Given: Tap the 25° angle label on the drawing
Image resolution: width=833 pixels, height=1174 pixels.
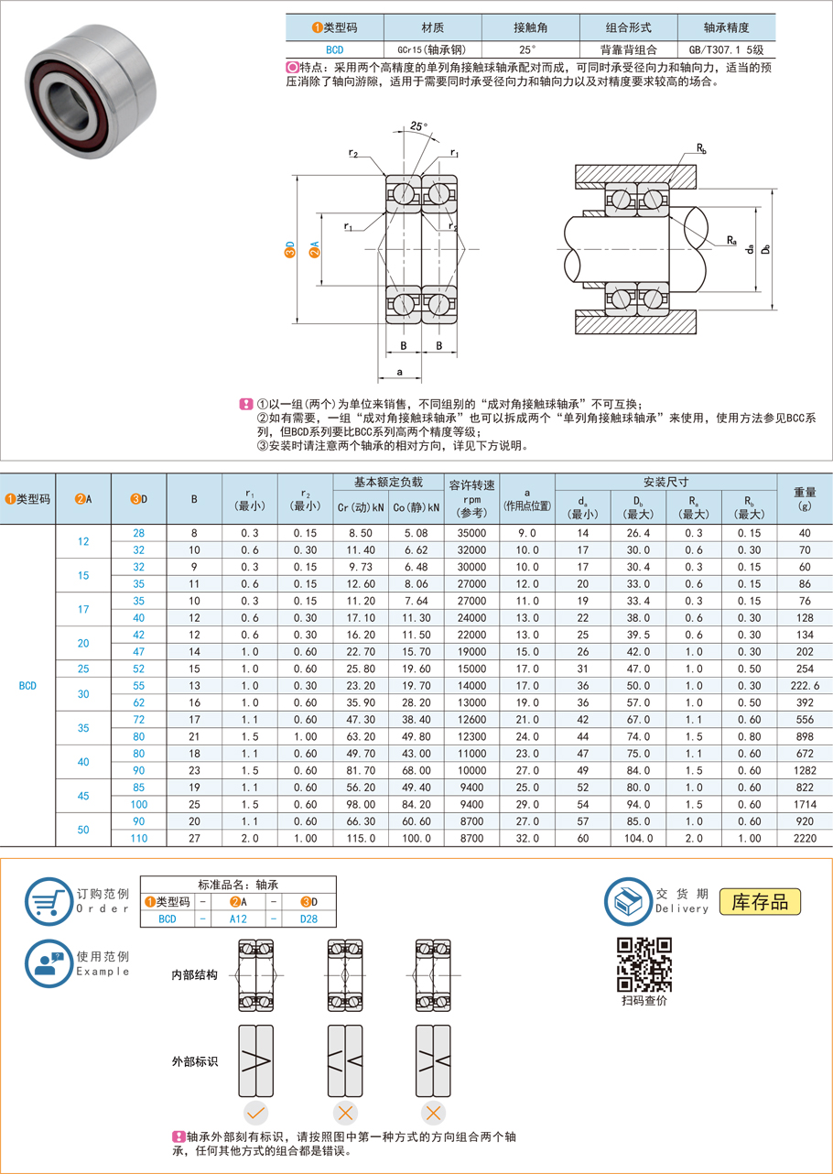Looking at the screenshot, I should tap(419, 125).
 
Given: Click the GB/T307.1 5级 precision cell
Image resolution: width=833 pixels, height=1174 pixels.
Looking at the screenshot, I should tap(726, 50).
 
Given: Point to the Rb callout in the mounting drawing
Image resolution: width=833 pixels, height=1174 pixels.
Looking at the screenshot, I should tap(701, 147).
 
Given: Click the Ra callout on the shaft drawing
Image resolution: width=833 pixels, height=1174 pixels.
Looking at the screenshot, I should tap(731, 241).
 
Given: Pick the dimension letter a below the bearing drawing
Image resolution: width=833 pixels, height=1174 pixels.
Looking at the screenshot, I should tap(400, 372).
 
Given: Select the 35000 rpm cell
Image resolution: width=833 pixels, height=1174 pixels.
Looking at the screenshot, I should tap(472, 533).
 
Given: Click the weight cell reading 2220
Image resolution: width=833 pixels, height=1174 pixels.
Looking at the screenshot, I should tap(805, 838).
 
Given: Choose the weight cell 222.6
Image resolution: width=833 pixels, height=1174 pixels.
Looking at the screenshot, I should tap(805, 685).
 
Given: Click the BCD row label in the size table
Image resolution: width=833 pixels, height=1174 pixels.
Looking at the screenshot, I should tap(27, 685).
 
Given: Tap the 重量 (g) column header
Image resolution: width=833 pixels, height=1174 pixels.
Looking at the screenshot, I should tap(805, 498).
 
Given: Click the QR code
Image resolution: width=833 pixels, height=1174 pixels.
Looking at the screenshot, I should tap(644, 964).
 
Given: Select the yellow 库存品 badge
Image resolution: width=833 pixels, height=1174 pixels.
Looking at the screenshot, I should tap(760, 901).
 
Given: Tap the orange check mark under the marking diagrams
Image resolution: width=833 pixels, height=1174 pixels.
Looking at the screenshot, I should tap(256, 1114).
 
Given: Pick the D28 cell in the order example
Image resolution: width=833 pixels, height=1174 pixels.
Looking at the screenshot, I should tap(309, 919).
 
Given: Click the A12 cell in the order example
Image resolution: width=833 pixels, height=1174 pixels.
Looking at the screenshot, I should tap(238, 919).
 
